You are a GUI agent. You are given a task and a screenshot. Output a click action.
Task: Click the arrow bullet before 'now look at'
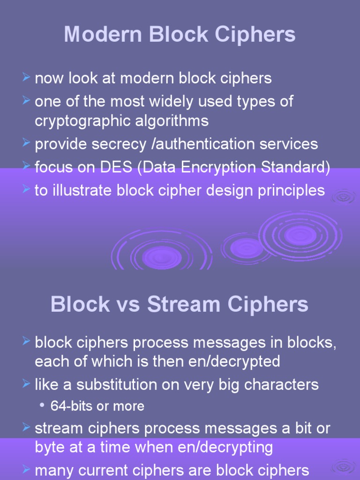click(27, 77)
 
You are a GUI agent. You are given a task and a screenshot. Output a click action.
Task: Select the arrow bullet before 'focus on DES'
click(27, 167)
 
